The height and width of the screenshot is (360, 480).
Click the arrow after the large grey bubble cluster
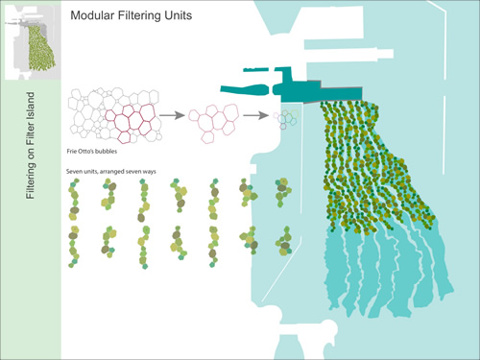[x=172, y=114]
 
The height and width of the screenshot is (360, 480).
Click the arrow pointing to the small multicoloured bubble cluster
[x=254, y=114]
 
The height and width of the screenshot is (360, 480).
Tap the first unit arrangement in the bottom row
[x=74, y=247]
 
